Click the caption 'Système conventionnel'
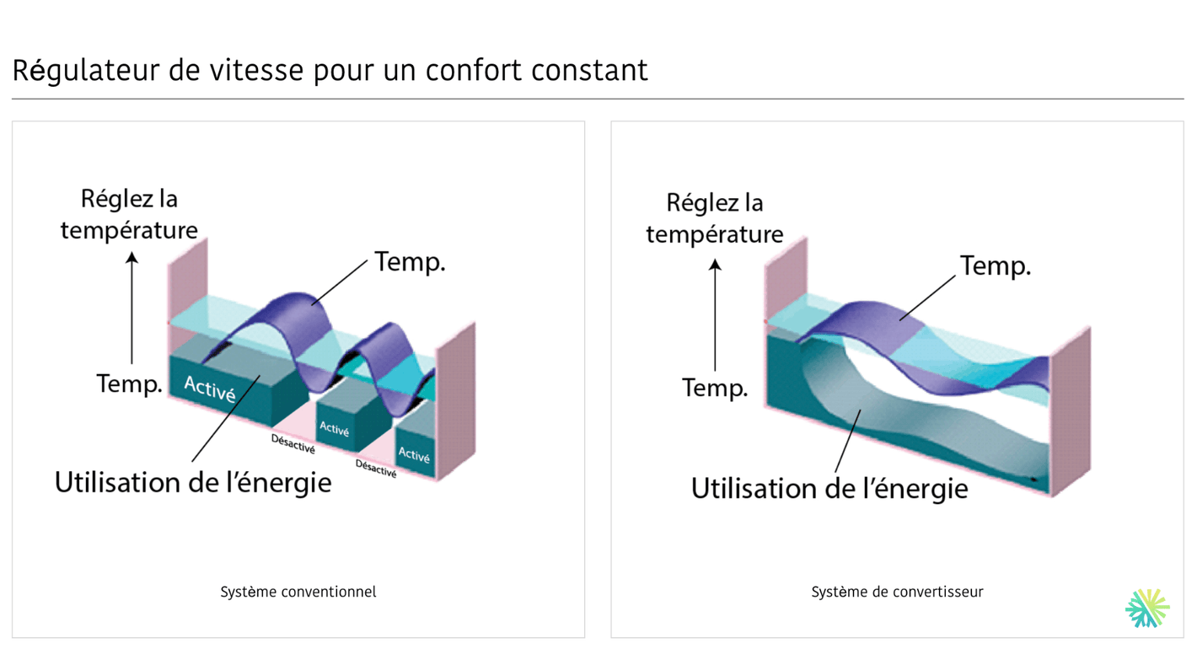(298, 592)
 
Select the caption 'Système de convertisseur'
(897, 592)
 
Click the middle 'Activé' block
(335, 430)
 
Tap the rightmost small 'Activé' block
(414, 455)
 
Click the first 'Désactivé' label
(293, 444)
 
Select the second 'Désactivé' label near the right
(375, 469)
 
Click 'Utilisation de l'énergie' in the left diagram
(193, 483)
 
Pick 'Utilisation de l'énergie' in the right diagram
(829, 489)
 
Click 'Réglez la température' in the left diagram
(129, 214)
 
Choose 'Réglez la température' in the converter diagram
(715, 218)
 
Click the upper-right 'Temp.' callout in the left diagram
(410, 262)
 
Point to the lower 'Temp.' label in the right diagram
(715, 389)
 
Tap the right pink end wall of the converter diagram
(1071, 409)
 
